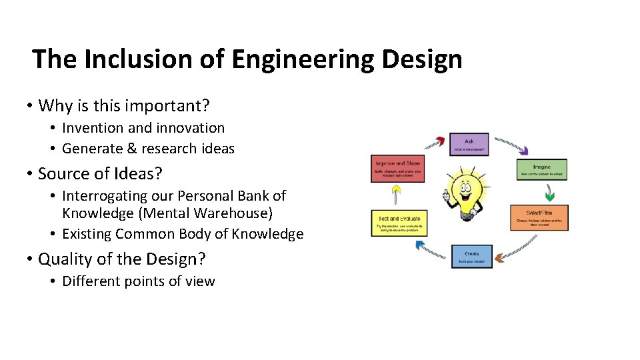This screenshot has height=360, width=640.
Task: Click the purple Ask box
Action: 469,144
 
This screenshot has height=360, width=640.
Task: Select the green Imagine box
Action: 541,169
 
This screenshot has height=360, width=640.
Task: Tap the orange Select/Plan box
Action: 539,217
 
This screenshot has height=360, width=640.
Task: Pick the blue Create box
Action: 472,257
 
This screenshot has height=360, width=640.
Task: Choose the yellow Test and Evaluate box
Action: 397,223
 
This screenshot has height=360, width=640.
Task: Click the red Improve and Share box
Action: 397,169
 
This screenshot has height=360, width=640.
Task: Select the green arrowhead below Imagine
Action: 550,196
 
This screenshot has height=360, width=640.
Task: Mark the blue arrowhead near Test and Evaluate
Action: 421,245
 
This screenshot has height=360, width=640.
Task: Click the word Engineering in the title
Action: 303,59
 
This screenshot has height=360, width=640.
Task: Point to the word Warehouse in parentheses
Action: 231,213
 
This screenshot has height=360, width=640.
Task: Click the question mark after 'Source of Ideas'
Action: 158,173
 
